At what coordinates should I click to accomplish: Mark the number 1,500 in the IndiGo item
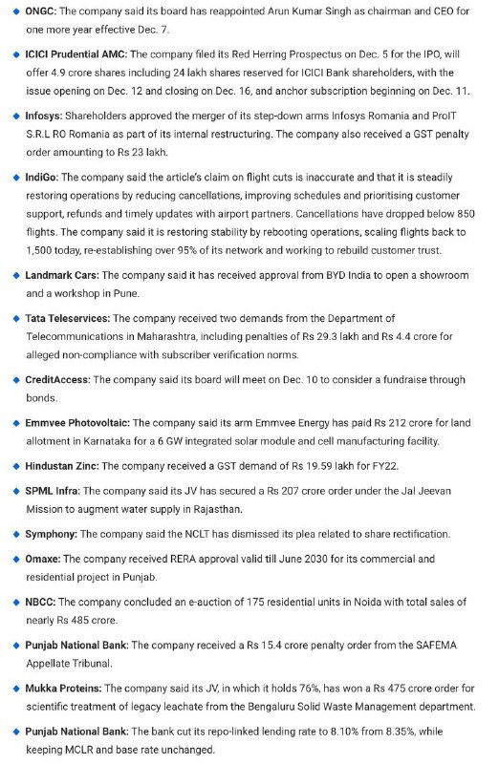43,250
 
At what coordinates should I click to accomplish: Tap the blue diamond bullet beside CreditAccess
14,380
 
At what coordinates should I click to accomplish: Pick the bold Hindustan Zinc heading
62,466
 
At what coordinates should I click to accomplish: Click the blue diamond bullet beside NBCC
14,602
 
